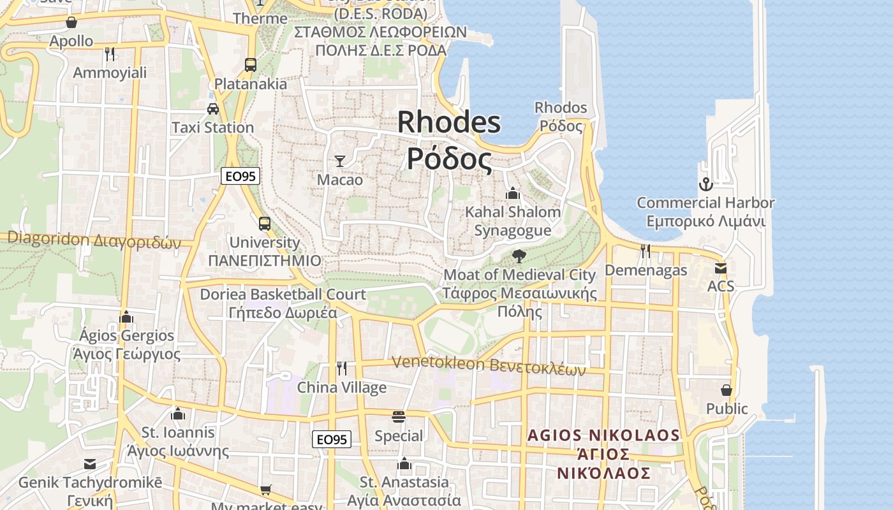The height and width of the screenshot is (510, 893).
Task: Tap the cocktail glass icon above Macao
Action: pyautogui.click(x=340, y=161)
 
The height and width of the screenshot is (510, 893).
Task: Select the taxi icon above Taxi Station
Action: pyautogui.click(x=213, y=109)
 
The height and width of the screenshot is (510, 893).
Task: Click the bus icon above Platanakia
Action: pyautogui.click(x=251, y=65)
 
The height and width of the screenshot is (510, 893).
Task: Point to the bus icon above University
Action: pyautogui.click(x=264, y=224)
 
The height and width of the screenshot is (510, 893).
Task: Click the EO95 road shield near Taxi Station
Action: pyautogui.click(x=240, y=176)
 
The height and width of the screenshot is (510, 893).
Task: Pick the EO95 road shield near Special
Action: pyautogui.click(x=332, y=439)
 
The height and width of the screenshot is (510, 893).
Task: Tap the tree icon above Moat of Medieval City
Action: pyautogui.click(x=519, y=256)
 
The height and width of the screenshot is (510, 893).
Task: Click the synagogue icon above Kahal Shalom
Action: pyautogui.click(x=513, y=193)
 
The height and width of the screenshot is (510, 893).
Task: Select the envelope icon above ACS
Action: pyautogui.click(x=721, y=268)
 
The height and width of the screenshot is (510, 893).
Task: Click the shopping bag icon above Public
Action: pyautogui.click(x=727, y=390)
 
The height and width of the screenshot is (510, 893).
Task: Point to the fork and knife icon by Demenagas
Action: pyautogui.click(x=646, y=251)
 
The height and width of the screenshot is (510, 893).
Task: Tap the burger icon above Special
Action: pyautogui.click(x=399, y=418)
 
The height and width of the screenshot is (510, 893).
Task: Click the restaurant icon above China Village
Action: pyautogui.click(x=342, y=368)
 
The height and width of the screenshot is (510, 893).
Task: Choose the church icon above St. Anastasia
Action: pyautogui.click(x=404, y=463)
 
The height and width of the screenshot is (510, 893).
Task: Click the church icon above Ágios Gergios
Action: pyautogui.click(x=126, y=317)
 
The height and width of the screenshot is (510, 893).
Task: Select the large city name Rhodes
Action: pyautogui.click(x=449, y=122)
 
